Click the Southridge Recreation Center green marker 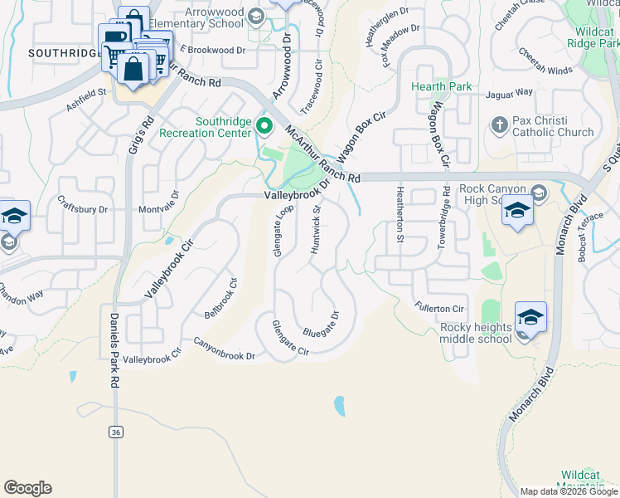pos(264,127)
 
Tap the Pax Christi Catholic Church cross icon pos(499,125)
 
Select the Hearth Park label pos(442,86)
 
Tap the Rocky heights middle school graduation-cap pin pos(530,317)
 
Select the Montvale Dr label pos(158,210)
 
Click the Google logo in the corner pos(27,488)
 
